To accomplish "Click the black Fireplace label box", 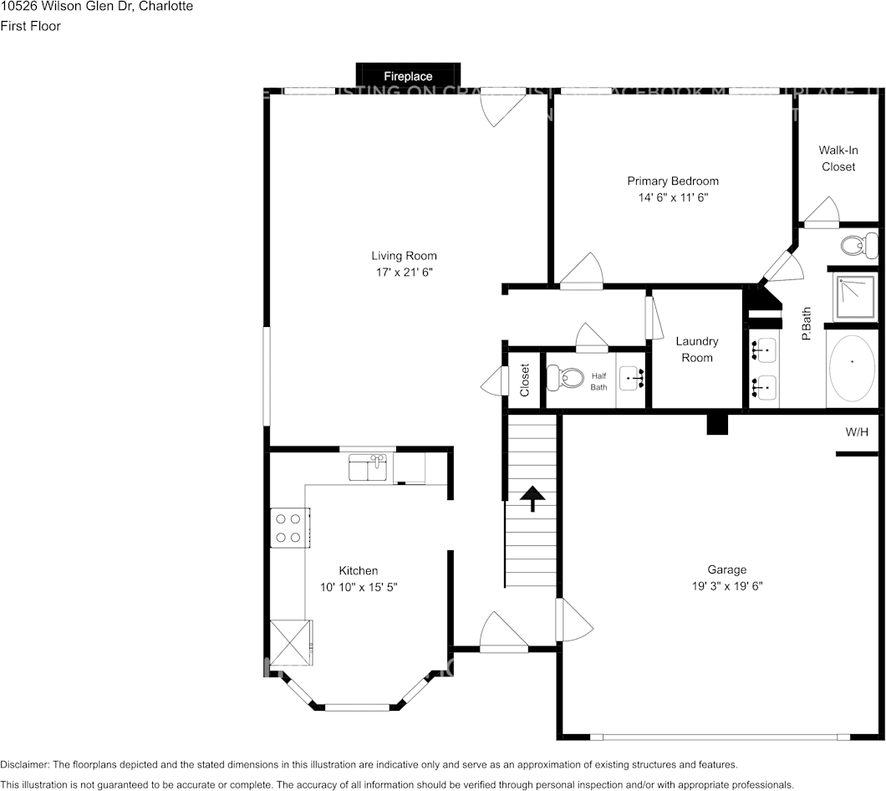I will [x=408, y=75].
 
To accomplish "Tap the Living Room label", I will [x=404, y=256].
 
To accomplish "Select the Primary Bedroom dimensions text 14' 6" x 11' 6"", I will [x=673, y=198].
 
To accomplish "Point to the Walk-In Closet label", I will [x=838, y=158].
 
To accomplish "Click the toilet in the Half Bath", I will [x=564, y=378].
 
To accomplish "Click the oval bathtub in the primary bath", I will [x=852, y=368].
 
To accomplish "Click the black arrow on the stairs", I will [x=532, y=498].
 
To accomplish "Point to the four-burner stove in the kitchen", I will [x=288, y=528].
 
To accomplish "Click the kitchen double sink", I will [x=368, y=467].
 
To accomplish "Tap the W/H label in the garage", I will [x=857, y=432].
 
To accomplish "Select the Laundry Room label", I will [x=696, y=350].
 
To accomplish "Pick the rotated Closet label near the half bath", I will [x=525, y=380].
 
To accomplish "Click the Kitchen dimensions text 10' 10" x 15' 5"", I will [x=359, y=588].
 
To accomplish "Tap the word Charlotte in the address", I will [x=165, y=7].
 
